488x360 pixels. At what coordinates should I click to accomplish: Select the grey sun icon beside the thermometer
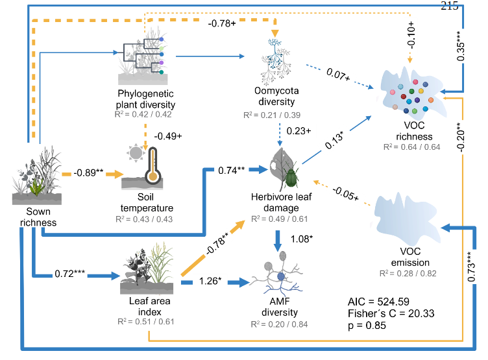coord(136,154)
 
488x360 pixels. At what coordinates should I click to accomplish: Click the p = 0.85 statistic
coord(368,325)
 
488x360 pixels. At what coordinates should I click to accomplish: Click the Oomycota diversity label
coord(277,97)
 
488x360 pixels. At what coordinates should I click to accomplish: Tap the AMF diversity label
coord(276,307)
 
